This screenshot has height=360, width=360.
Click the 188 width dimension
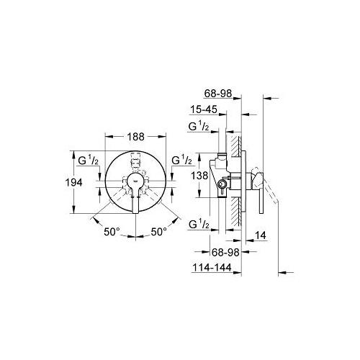click(135, 137)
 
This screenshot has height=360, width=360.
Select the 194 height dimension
click(74, 183)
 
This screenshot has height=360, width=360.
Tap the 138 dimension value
click(199, 176)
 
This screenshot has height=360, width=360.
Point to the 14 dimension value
click(261, 235)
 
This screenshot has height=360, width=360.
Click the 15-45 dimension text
click(204, 109)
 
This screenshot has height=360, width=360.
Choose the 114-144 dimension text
click(212, 267)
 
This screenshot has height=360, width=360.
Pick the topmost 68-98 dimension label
click(218, 94)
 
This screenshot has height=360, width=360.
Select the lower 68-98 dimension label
click(225, 252)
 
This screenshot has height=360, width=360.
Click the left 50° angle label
click(112, 232)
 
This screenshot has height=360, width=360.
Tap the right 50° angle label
click(159, 232)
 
